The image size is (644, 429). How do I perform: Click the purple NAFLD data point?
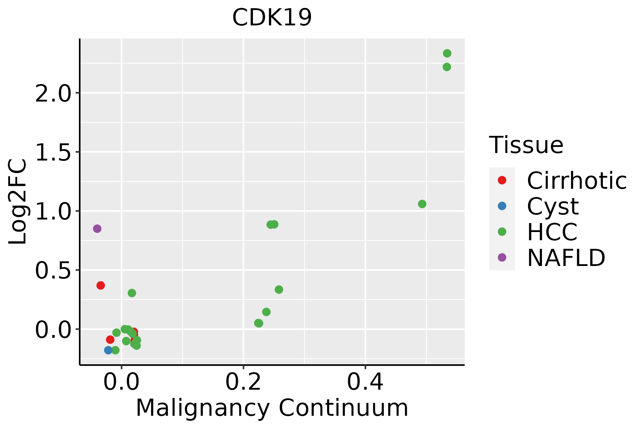[x=97, y=229]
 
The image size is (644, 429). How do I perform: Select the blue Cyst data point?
[x=108, y=350]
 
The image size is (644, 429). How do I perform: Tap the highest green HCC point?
[x=447, y=54]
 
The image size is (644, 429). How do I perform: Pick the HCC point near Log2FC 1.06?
[x=422, y=204]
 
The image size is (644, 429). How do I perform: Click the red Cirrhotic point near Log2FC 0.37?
[x=101, y=285]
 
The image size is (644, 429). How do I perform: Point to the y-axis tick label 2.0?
[x=53, y=94]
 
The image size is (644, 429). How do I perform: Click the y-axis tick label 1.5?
[x=53, y=153]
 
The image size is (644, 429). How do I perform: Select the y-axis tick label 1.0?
[x=53, y=212]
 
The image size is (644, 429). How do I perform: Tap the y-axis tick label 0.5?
[x=53, y=271]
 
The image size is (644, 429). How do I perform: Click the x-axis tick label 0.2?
[x=243, y=382]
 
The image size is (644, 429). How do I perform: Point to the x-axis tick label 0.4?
[x=365, y=382]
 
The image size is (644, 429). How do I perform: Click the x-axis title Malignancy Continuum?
[x=272, y=408]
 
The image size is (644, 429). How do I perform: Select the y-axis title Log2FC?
[x=18, y=202]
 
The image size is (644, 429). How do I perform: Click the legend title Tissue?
[x=526, y=145]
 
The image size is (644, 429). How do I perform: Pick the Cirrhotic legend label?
[x=577, y=181]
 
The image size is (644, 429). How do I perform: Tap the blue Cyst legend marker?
[x=502, y=206]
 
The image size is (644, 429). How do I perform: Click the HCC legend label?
[x=552, y=232]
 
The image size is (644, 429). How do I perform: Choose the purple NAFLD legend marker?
[x=502, y=257]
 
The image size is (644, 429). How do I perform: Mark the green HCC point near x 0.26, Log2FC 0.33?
[x=279, y=290]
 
